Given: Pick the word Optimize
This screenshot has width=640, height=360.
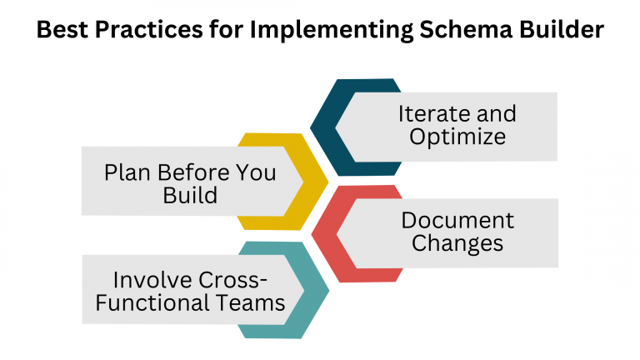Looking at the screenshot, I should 457,136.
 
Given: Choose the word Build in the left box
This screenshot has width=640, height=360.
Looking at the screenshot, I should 191,196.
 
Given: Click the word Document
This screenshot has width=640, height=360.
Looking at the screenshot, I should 457,220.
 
